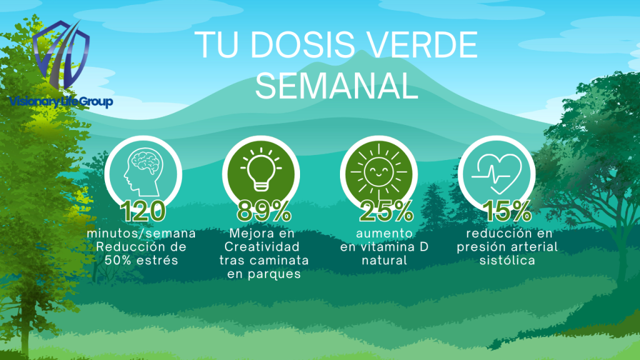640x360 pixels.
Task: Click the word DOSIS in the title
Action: click(x=302, y=44)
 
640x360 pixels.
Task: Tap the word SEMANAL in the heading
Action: click(x=337, y=86)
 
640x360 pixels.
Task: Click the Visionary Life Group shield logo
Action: click(x=61, y=54)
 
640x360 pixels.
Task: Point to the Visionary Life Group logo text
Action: click(x=61, y=101)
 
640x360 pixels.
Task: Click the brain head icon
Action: click(x=143, y=172)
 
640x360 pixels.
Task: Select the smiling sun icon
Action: click(x=379, y=171)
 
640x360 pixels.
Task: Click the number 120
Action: click(x=143, y=211)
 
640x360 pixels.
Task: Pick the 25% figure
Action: click(x=386, y=211)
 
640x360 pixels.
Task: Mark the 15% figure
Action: click(x=507, y=211)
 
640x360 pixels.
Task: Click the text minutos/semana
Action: click(x=141, y=234)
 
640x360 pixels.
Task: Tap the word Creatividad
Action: click(x=262, y=247)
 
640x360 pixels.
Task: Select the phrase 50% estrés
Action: click(x=141, y=261)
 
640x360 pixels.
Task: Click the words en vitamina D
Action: click(x=384, y=247)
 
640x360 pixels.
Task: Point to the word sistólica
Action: click(x=507, y=261)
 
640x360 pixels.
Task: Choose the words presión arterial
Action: click(x=507, y=247)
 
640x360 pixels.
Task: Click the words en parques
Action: click(x=264, y=274)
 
